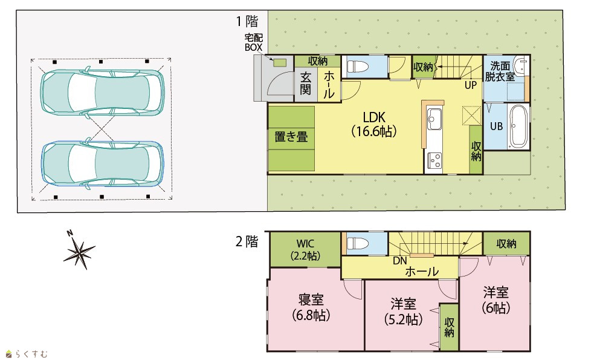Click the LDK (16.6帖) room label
[x=374, y=124]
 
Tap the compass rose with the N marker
[x=79, y=250]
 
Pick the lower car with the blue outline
[x=102, y=165]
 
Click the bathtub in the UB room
[x=518, y=126]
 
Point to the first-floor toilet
[x=358, y=67]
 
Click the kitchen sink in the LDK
[x=434, y=119]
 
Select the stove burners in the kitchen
[x=434, y=160]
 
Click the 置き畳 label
[x=291, y=137]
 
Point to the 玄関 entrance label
[x=305, y=83]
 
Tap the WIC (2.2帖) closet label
[x=305, y=249]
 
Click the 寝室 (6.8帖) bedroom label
[x=311, y=307]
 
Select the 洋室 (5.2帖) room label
[x=403, y=312]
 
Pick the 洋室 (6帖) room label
[x=496, y=300]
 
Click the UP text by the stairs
[x=471, y=85]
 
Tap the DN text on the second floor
[x=400, y=261]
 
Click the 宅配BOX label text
[x=254, y=42]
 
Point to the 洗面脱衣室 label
[x=500, y=71]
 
